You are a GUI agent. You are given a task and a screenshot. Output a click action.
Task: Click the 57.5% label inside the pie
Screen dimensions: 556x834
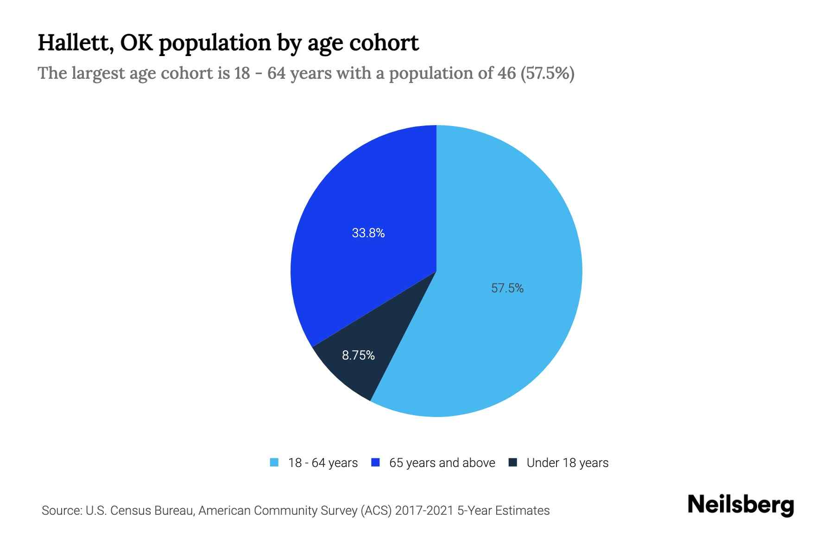pos(507,288)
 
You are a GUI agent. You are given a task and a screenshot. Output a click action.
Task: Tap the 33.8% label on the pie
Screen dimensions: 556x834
pos(368,233)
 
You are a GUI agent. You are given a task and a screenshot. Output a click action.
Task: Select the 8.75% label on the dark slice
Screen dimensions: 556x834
pos(358,355)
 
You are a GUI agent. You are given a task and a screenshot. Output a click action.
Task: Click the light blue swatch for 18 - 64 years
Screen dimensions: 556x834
pos(274,462)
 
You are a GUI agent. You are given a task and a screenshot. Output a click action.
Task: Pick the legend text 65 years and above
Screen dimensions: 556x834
pos(442,463)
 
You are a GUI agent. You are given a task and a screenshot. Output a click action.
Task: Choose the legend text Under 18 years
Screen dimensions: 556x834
pos(567,463)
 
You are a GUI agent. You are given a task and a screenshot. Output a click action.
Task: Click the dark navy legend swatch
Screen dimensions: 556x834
pos(512,462)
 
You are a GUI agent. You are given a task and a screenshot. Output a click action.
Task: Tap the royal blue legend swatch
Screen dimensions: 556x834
pos(376,462)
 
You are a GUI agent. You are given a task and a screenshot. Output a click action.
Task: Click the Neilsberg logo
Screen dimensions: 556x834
pos(740,505)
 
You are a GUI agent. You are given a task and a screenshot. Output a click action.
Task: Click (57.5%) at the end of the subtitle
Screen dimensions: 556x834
pos(548,73)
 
